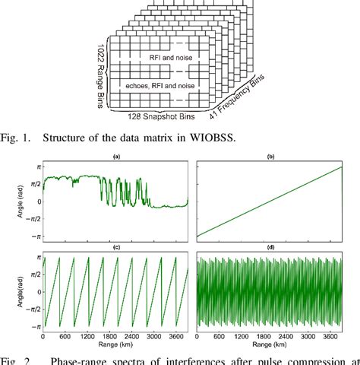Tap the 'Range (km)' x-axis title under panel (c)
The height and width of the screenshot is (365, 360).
pos(115,344)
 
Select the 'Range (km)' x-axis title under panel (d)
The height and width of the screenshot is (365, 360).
pos(269,344)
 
